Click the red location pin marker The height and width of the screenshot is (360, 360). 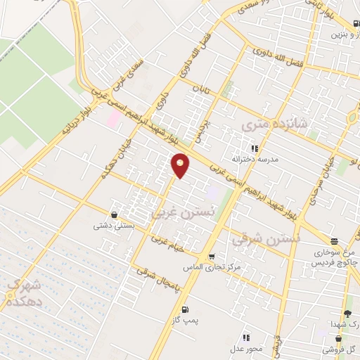click(x=181, y=165)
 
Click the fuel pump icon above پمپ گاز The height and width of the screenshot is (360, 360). click(x=185, y=309)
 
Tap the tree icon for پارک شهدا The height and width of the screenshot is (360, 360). click(x=347, y=315)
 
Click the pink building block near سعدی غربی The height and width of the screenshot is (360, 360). click(x=113, y=116)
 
